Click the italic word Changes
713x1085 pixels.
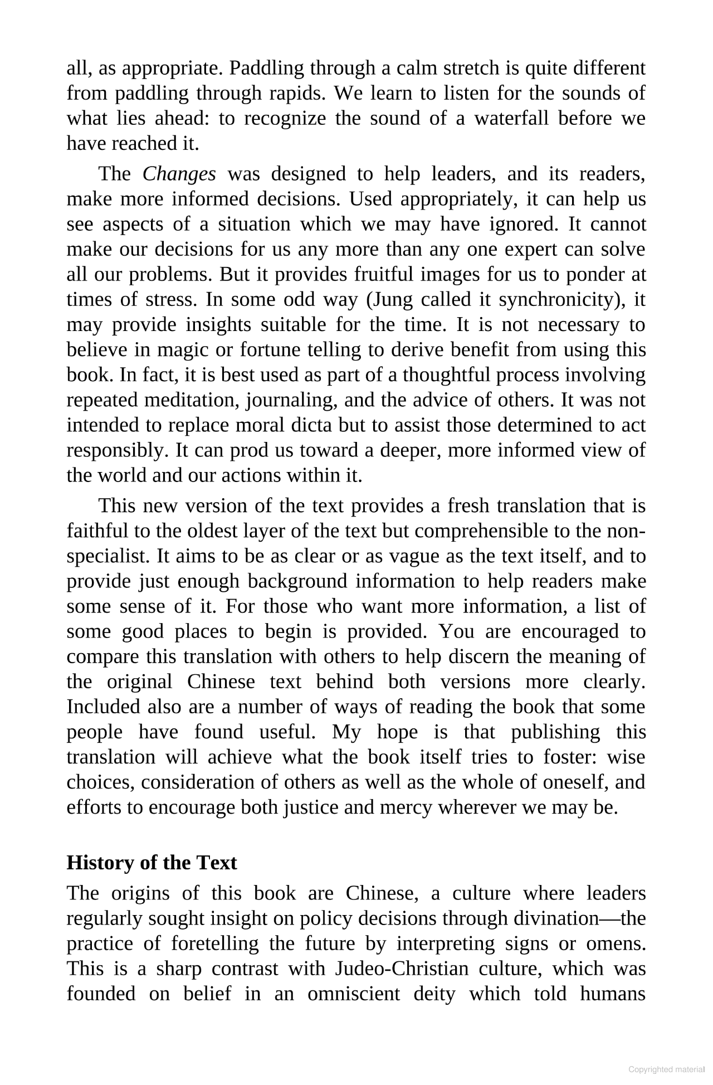tap(179, 174)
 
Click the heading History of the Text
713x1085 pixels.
tap(152, 863)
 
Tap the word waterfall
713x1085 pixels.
tap(511, 119)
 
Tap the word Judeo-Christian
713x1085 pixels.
tap(402, 969)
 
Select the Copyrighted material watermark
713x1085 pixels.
tap(666, 1069)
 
